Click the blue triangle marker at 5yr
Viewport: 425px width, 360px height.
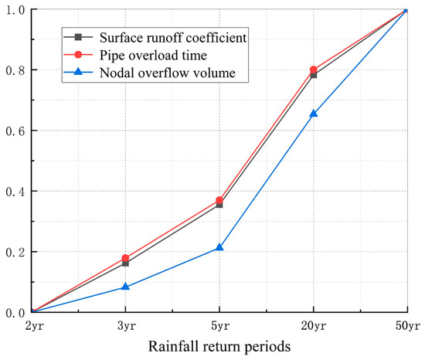click(x=219, y=247)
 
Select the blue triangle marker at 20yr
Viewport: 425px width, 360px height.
click(x=313, y=114)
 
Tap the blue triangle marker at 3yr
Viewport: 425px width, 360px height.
click(x=126, y=287)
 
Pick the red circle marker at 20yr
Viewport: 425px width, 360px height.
click(x=313, y=70)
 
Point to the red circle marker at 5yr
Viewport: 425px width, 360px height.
click(x=219, y=200)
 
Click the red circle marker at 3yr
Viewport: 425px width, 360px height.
click(x=126, y=258)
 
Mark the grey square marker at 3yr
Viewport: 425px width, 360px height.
click(x=126, y=263)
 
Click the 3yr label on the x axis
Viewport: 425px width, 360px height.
click(x=126, y=324)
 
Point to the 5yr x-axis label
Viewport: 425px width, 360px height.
click(x=219, y=324)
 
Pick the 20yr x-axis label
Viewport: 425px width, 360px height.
click(x=313, y=324)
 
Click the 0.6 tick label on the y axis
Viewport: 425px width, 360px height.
click(x=15, y=131)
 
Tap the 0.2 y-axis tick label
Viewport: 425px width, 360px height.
click(x=15, y=252)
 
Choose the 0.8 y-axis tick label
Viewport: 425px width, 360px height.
click(x=15, y=70)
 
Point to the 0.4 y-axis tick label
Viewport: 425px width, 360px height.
click(x=15, y=191)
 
